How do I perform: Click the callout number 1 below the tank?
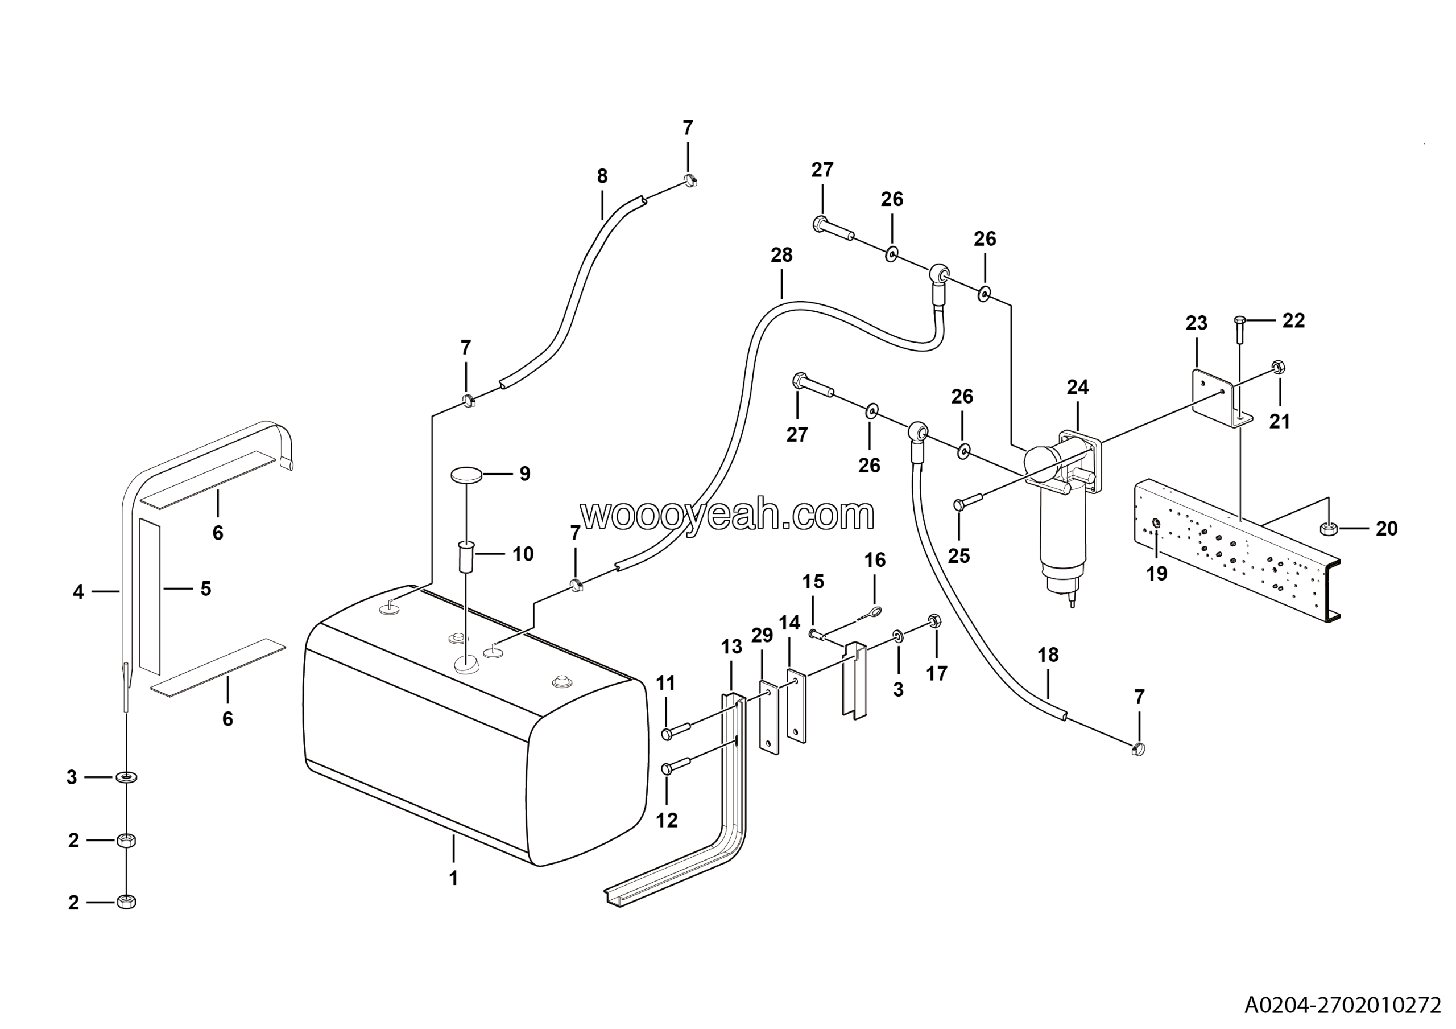453,879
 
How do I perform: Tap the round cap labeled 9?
467,474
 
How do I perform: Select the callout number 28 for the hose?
781,255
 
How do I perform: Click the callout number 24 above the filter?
1077,387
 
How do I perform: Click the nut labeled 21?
1278,367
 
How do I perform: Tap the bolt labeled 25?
967,502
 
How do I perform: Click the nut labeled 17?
933,620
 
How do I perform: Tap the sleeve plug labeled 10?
467,557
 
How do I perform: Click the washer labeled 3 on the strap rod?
127,776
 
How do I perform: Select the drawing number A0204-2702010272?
1342,1006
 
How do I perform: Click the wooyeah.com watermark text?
727,514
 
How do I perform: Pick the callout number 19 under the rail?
1157,574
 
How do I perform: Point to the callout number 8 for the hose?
602,176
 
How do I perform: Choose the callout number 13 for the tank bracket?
731,647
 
